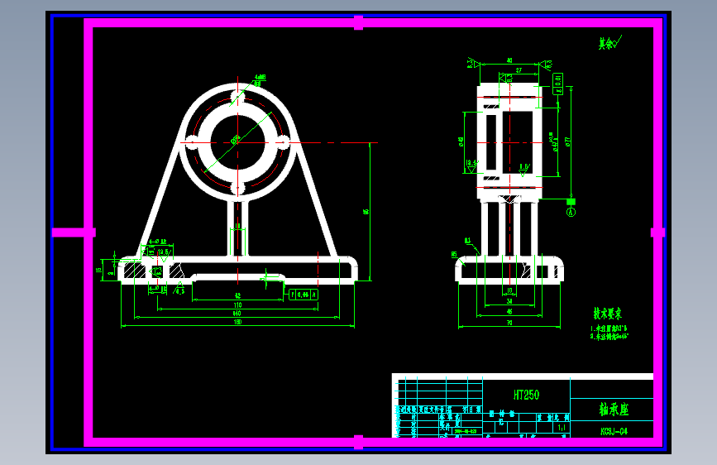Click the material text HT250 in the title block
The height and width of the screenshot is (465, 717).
point(526,395)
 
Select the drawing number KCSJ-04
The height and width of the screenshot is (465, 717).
point(614,431)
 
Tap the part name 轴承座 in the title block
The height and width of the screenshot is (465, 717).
point(614,409)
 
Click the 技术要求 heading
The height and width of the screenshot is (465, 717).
point(606,314)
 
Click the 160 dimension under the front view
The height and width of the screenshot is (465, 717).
point(237,322)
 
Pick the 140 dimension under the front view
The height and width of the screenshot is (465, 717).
point(237,314)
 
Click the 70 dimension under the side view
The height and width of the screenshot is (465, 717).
point(509,322)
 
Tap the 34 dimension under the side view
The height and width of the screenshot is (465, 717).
point(509,302)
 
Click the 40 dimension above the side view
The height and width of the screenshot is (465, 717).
point(509,60)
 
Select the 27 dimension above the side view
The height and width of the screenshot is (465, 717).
point(519,71)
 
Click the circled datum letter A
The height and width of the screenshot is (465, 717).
point(570,212)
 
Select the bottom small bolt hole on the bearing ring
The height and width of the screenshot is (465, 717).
point(237,189)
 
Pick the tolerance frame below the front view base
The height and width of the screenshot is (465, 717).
point(301,294)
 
